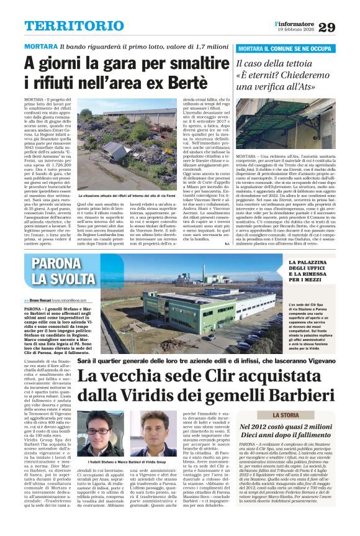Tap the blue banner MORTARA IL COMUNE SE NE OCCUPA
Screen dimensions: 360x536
pos(286,48)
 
